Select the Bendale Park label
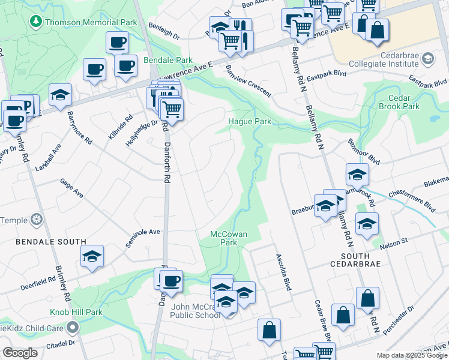click(x=168, y=61)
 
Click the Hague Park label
click(x=250, y=121)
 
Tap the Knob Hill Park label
click(x=76, y=312)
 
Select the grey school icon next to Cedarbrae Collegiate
click(x=427, y=58)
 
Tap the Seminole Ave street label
click(x=146, y=232)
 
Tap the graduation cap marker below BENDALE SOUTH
click(x=92, y=256)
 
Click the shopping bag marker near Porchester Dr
click(x=367, y=298)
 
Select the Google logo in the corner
click(x=20, y=353)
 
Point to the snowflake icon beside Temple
click(x=37, y=220)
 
